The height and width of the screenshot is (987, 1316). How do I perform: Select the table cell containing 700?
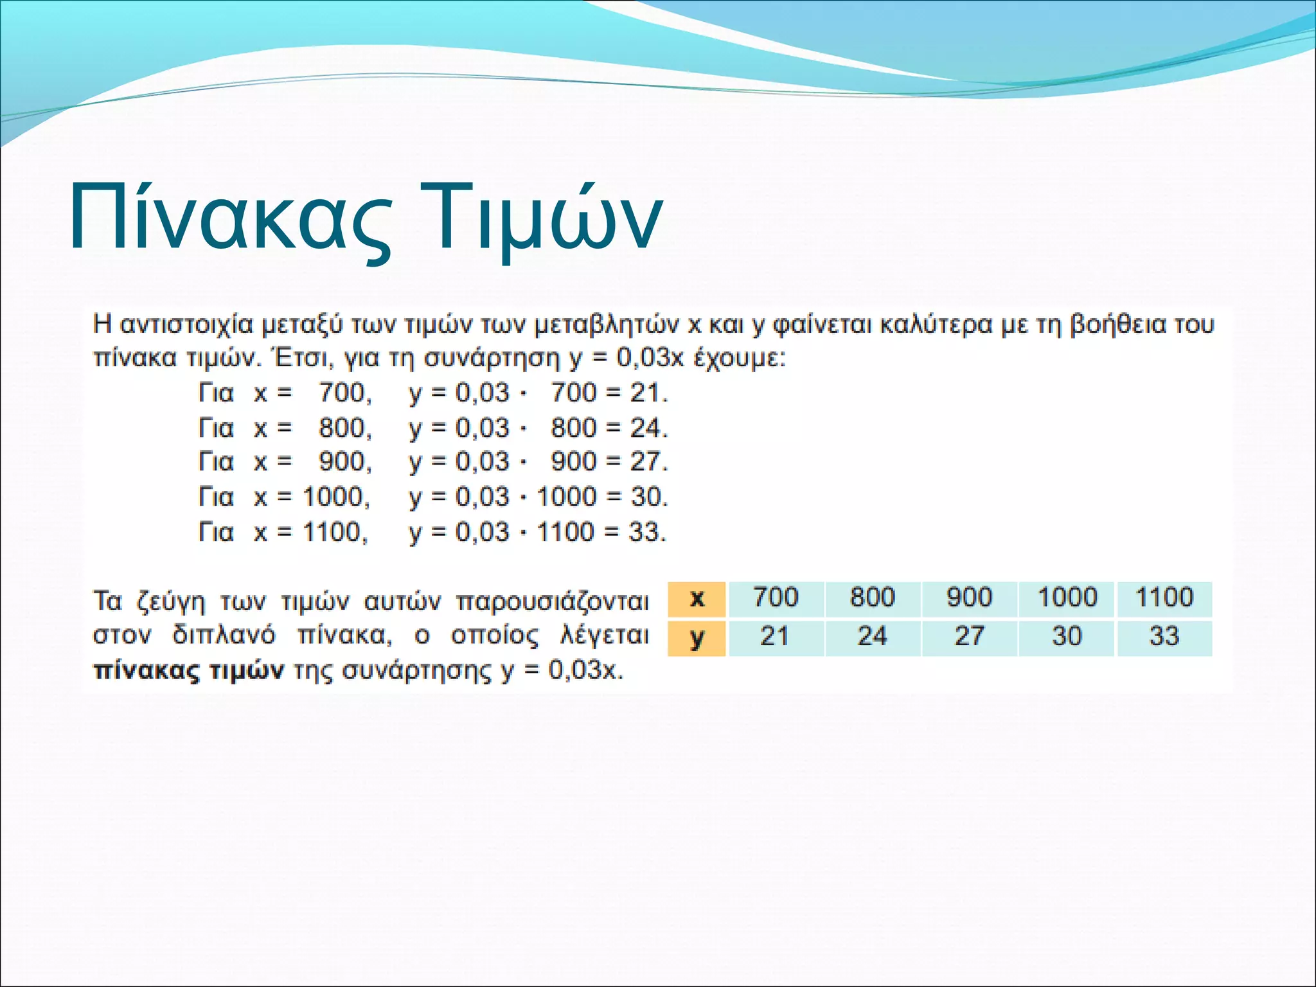pos(776,598)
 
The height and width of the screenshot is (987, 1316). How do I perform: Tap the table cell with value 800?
pos(872,598)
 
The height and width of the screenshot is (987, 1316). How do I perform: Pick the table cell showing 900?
pos(969,598)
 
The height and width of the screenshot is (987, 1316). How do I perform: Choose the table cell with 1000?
pos(1067,598)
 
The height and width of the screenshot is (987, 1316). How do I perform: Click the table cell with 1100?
pos(1164,598)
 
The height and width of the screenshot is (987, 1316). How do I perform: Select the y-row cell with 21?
pos(776,637)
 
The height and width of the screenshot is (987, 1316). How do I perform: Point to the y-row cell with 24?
pos(872,637)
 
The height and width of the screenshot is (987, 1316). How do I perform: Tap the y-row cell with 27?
pos(969,637)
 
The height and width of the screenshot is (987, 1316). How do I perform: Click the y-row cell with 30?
pos(1067,637)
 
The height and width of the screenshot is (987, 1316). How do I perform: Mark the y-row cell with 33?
pos(1164,637)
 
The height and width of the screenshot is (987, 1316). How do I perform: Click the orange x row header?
pos(697,599)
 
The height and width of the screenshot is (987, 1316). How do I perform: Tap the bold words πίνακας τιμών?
pos(188,671)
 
